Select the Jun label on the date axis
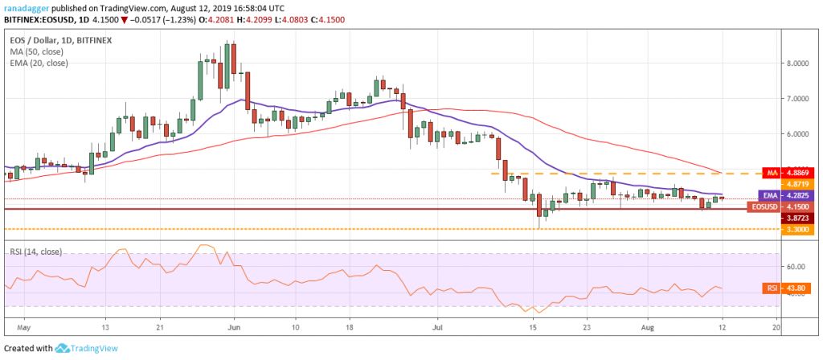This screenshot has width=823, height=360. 234,328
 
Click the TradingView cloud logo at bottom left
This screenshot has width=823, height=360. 62,348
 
